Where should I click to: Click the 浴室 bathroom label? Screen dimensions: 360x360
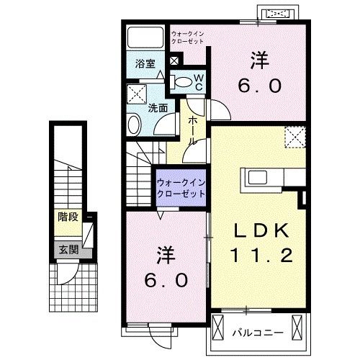click(x=145, y=63)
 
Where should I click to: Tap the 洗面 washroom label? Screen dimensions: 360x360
click(x=158, y=109)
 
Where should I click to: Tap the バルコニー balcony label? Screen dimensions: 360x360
click(x=258, y=333)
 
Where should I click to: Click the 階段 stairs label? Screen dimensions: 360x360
click(x=68, y=216)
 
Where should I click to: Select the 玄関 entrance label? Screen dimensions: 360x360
click(x=68, y=250)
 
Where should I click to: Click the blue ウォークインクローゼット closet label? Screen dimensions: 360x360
click(x=181, y=188)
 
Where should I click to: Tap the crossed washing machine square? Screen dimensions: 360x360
click(x=135, y=93)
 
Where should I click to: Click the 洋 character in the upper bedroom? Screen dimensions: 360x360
click(x=259, y=57)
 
